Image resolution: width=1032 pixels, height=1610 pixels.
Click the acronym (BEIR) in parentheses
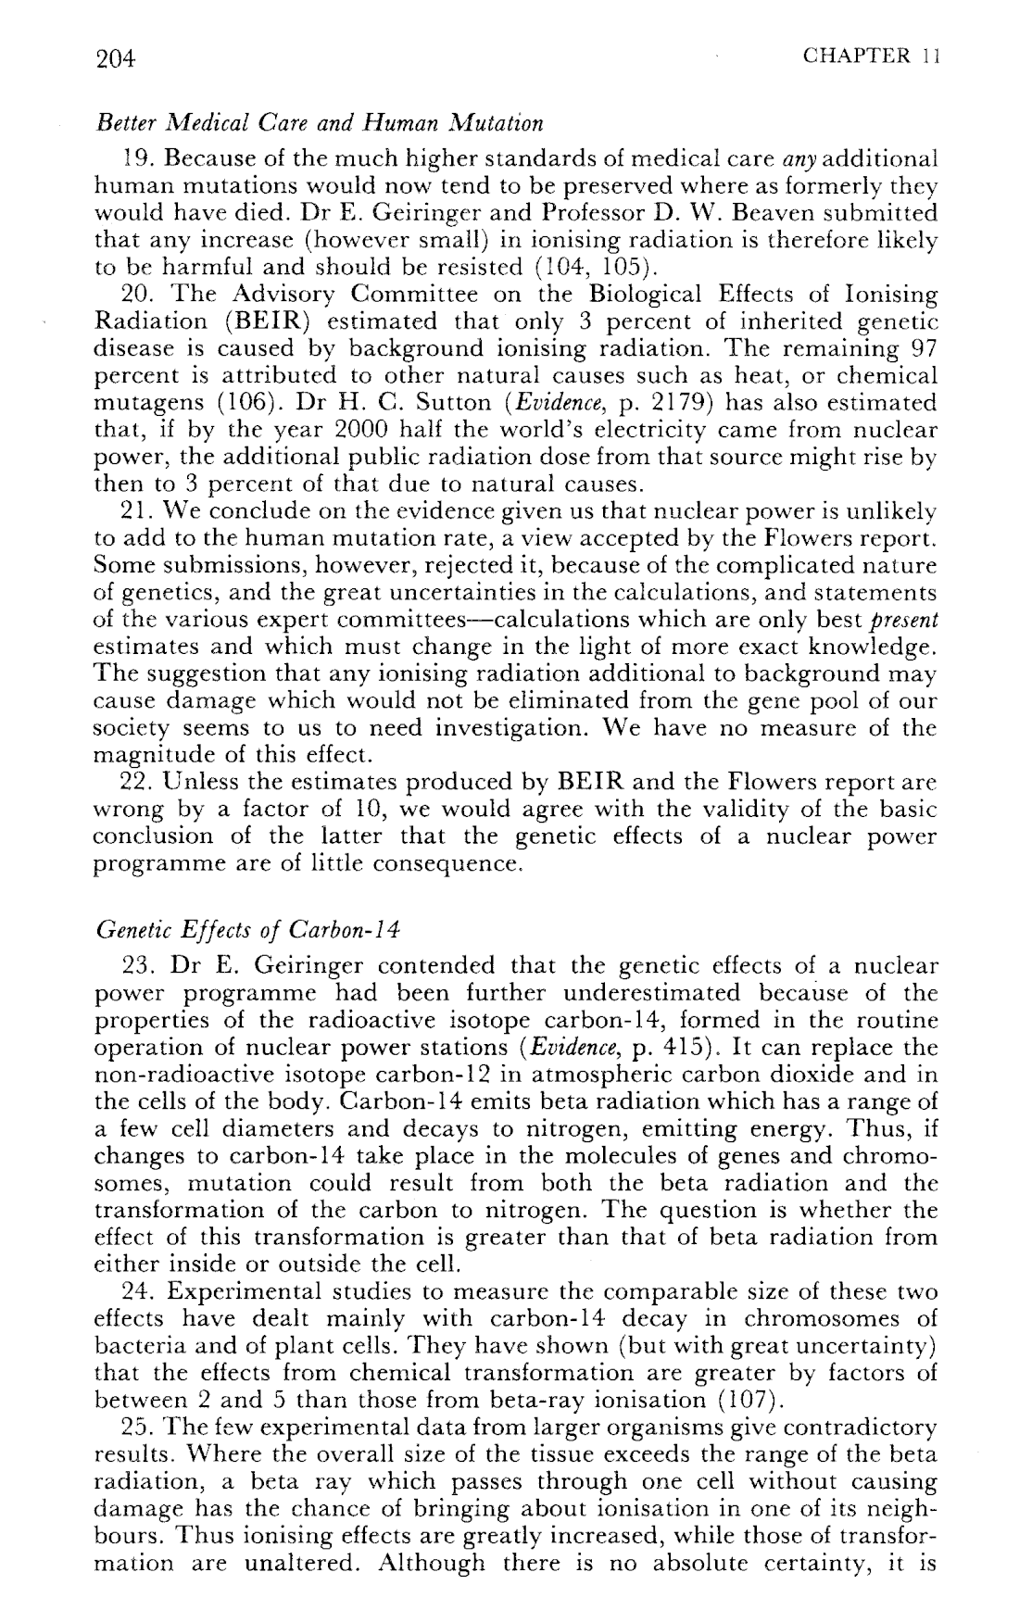click(267, 321)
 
